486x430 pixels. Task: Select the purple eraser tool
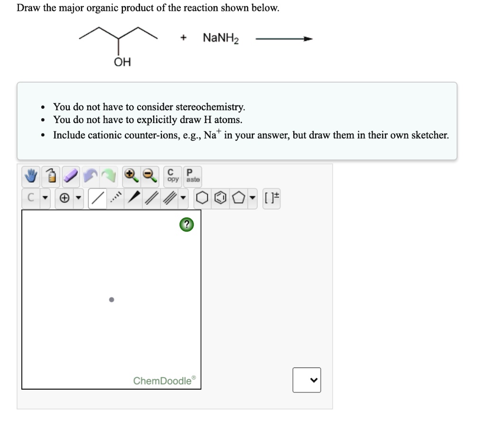pos(71,177)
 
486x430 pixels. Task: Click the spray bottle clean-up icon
pos(51,177)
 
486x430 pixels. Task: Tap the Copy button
pos(173,176)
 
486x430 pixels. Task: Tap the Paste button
pos(193,176)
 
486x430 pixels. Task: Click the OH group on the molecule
pos(122,62)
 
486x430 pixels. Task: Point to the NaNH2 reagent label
pos(221,38)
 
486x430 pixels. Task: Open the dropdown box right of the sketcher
pos(307,379)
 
